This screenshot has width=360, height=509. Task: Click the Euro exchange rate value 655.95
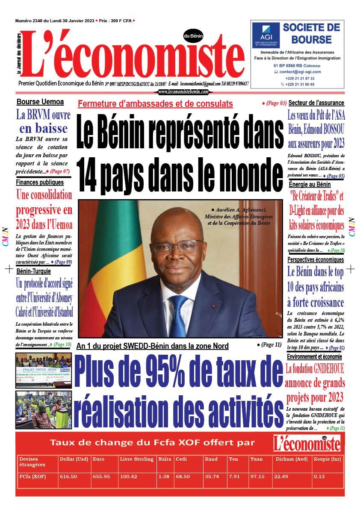[x=101, y=477]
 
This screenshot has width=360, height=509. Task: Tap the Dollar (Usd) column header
[x=74, y=459]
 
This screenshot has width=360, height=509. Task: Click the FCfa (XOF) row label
[x=32, y=477]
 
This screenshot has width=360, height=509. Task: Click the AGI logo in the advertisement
[x=266, y=35]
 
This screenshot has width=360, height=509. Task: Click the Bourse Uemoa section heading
[x=40, y=102]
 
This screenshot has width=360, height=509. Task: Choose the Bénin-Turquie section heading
[x=34, y=271]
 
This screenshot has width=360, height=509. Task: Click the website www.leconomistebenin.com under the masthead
[x=183, y=92]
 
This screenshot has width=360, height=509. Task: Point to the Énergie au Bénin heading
[x=310, y=185]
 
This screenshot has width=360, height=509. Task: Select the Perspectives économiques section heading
[x=316, y=259]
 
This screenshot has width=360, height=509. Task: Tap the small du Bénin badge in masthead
[x=193, y=36]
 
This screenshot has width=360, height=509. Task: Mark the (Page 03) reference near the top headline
[x=274, y=103]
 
